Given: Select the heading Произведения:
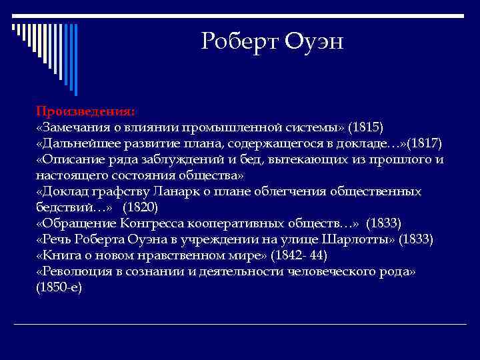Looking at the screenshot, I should (x=85, y=110).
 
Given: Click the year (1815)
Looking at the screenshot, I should (x=367, y=127).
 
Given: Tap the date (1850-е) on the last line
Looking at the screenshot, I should (x=59, y=287).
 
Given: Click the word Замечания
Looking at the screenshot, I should (x=74, y=127).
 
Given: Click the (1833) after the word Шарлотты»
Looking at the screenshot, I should (x=416, y=239).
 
